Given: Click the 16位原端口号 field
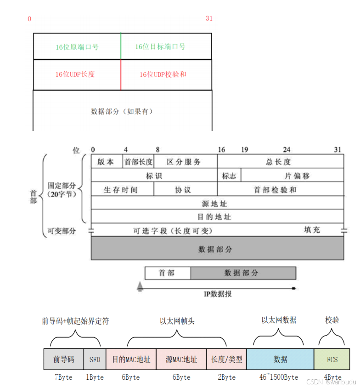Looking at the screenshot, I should tap(77, 46).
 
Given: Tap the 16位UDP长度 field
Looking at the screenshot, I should tap(77, 74).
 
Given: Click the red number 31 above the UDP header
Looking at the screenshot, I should tap(209, 19).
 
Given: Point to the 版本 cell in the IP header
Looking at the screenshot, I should tap(107, 162).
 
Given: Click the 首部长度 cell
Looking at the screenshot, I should tap(138, 162).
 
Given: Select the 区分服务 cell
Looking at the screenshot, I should tap(186, 162).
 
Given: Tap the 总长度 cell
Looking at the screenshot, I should tap(280, 162).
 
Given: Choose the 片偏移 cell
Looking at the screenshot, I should tap(292, 176).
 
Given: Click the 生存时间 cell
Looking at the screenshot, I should tap(123, 189).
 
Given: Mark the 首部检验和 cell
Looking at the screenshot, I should tap(280, 189).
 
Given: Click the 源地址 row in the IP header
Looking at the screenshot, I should tap(218, 203).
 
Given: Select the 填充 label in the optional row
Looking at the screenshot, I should tap(312, 230).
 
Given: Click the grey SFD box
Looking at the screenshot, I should tap(95, 359).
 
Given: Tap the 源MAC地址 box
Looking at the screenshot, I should tap(181, 359).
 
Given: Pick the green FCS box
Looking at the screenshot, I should tap(332, 359).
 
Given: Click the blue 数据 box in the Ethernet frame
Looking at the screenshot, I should tap(280, 359).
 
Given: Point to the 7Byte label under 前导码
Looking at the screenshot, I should tap(63, 377).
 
